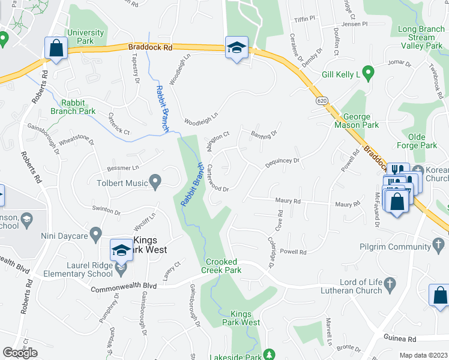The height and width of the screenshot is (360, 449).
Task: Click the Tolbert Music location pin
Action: [155, 180]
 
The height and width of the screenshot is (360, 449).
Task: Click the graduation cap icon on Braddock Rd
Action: [237, 48]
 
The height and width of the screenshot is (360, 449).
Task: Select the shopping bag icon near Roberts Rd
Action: [56, 48]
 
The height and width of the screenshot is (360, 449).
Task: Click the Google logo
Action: [20, 353]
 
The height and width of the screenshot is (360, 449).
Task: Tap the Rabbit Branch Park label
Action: [78, 107]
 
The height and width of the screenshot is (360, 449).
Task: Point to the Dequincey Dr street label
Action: [282, 161]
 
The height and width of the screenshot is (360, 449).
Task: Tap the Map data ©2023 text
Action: [423, 355]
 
